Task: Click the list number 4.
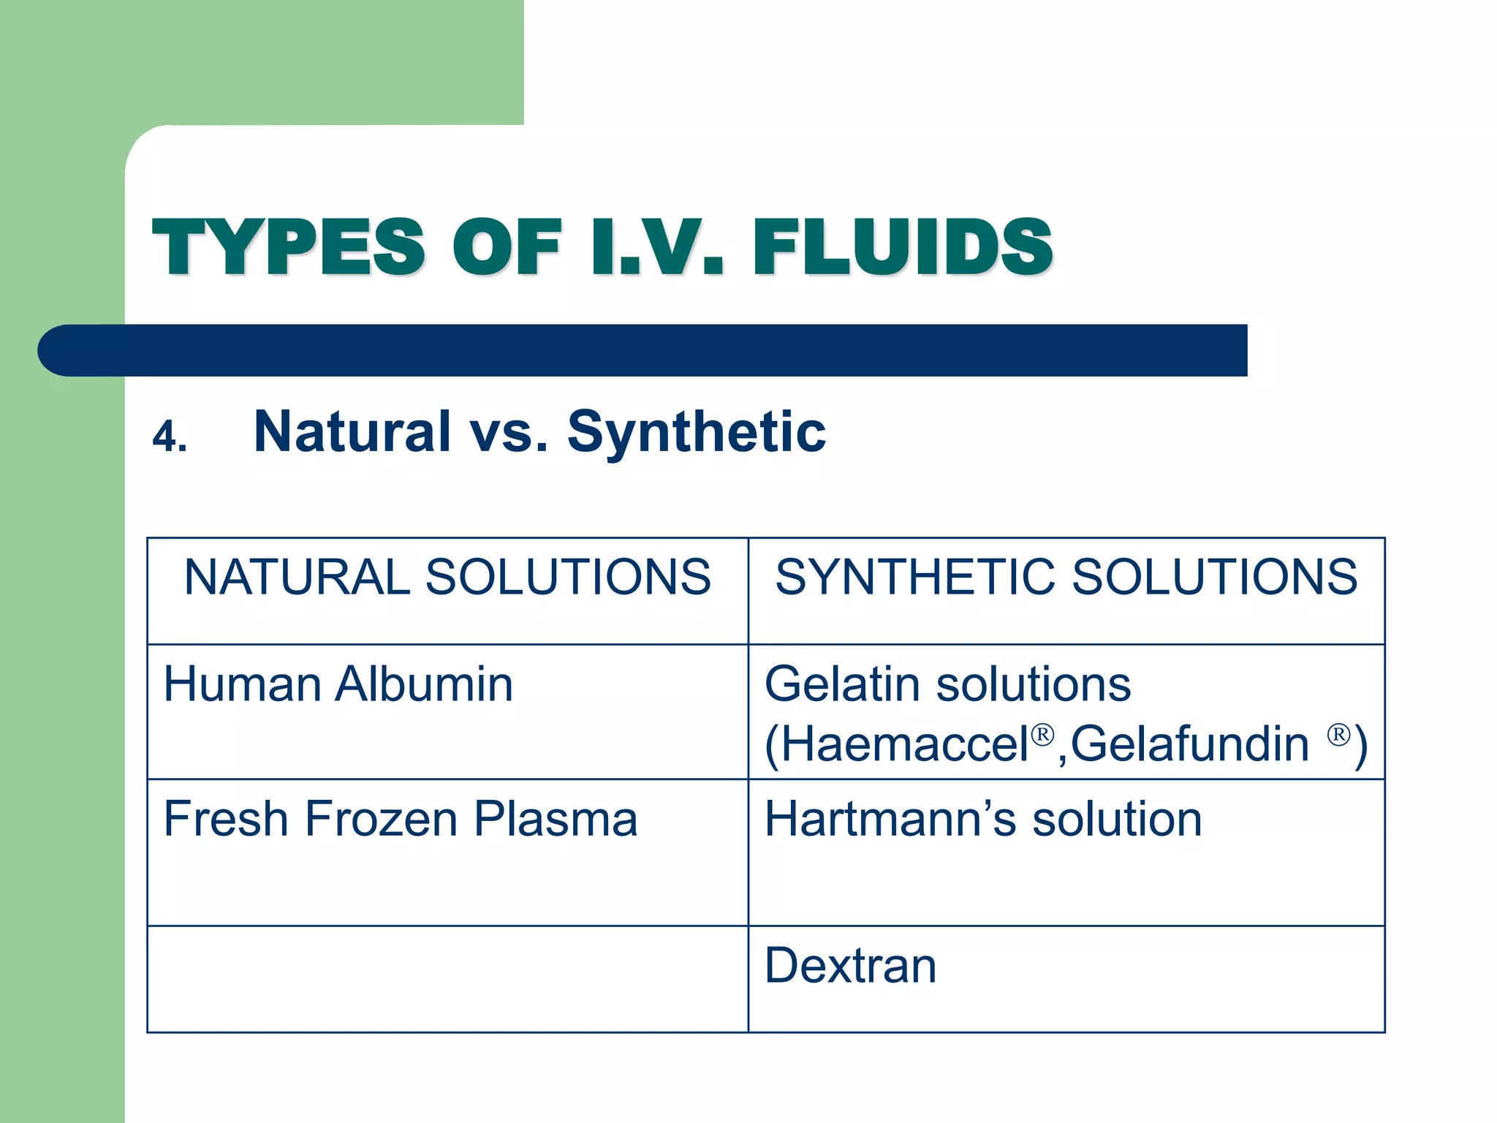(170, 437)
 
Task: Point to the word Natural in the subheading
(352, 431)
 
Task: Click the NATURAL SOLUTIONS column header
(447, 578)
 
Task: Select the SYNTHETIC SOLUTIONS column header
(1066, 578)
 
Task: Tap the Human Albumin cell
(338, 685)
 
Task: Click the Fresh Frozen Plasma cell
(401, 819)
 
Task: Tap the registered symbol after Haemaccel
(1043, 733)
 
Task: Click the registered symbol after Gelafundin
(1338, 733)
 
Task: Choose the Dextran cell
(850, 967)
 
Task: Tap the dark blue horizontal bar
(643, 350)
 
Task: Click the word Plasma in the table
(556, 819)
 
